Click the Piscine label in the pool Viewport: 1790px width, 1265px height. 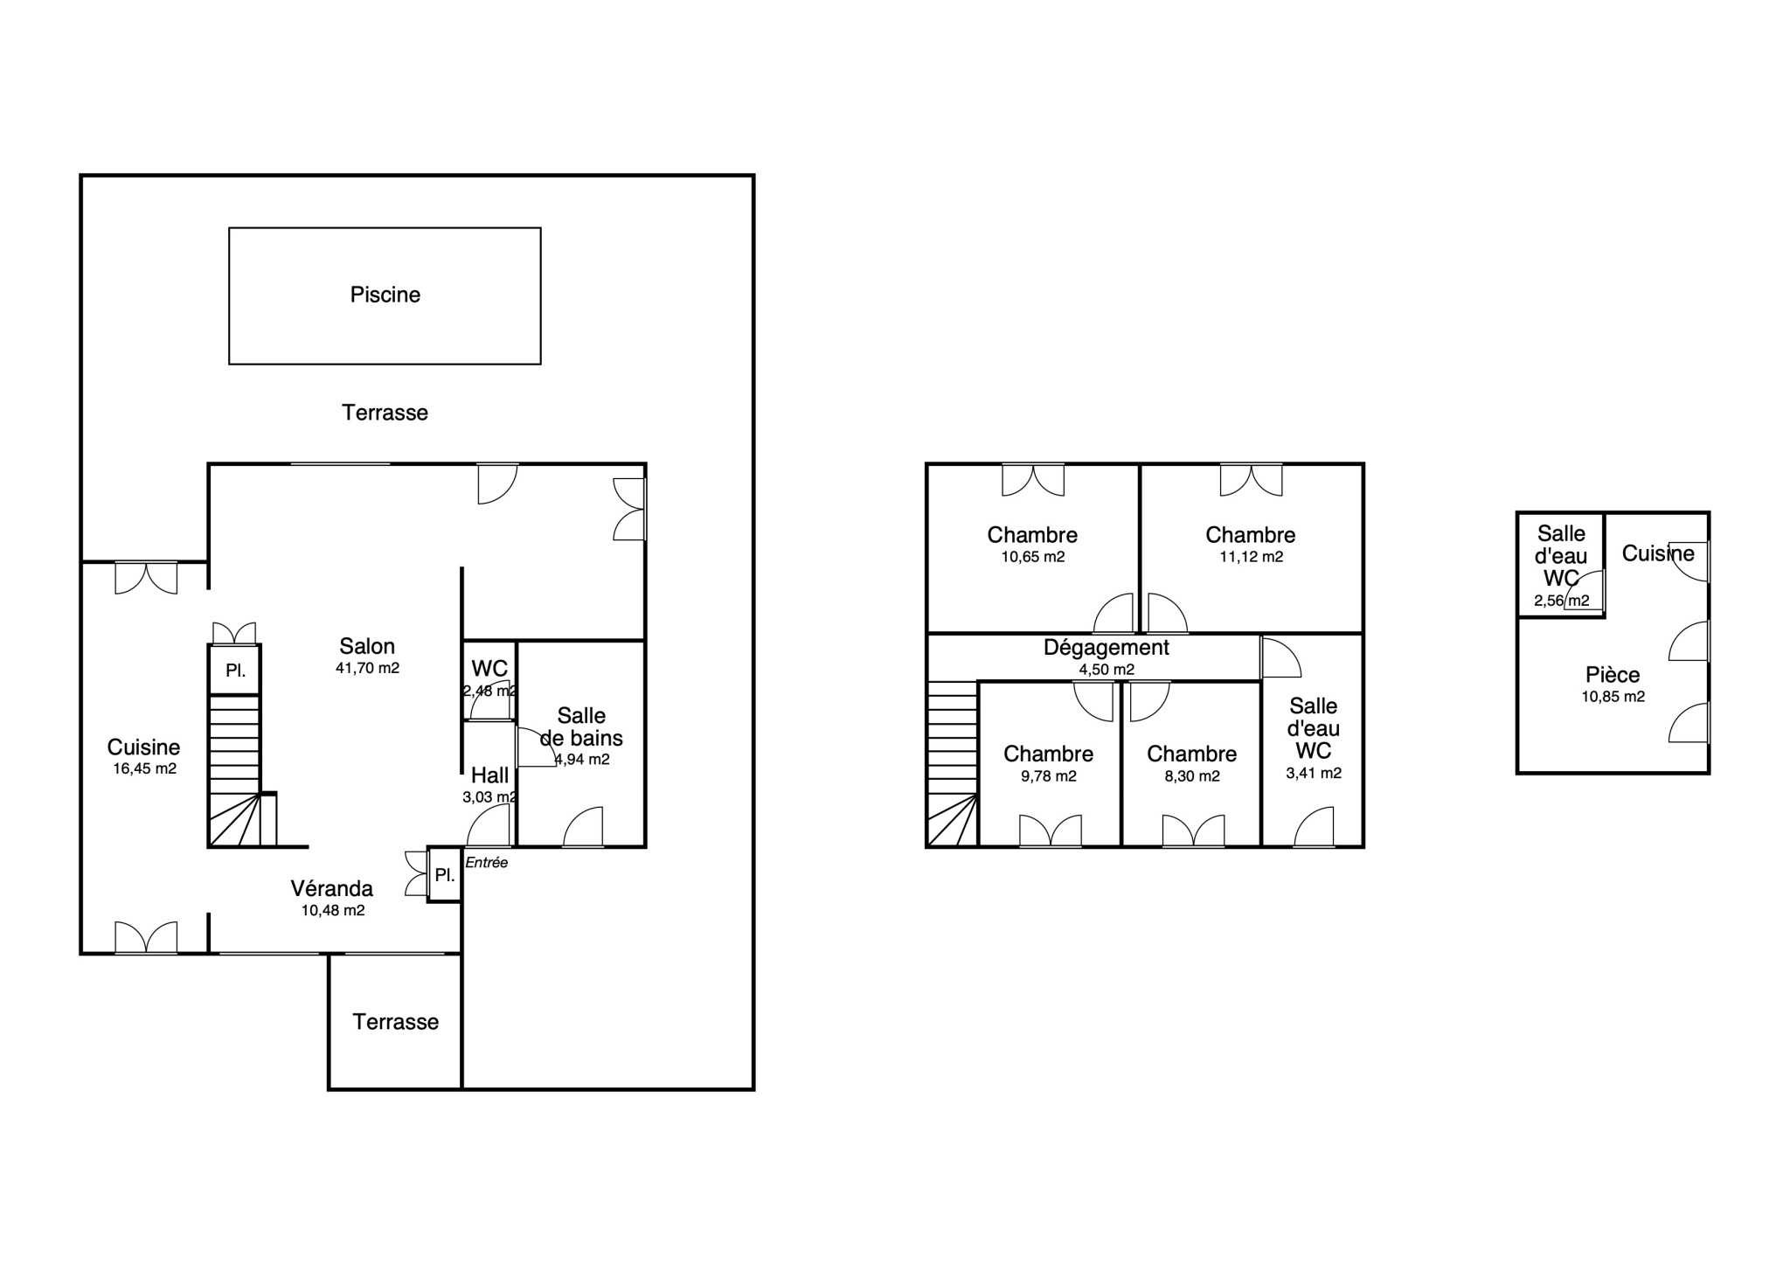point(385,295)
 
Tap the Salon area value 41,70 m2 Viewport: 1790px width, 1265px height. point(367,668)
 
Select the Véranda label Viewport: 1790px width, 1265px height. point(332,888)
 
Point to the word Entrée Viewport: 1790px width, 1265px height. point(487,863)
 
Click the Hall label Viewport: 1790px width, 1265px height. point(489,775)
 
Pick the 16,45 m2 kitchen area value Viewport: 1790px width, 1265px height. point(144,769)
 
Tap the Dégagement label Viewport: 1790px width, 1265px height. point(1107,648)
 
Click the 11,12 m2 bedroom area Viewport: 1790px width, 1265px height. point(1251,557)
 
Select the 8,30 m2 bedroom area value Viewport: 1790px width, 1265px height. point(1192,776)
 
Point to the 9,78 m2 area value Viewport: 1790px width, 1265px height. point(1049,776)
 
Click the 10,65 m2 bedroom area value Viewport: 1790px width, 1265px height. point(1033,557)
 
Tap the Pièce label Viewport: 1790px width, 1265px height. point(1613,675)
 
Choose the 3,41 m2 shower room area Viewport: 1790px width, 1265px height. point(1314,773)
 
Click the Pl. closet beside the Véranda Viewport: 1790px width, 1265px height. point(445,875)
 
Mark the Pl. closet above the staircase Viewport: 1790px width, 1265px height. point(235,671)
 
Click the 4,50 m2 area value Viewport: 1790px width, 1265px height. point(1107,670)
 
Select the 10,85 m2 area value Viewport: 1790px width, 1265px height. point(1613,697)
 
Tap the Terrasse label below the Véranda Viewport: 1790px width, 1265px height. point(396,1022)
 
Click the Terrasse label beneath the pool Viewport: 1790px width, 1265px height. point(385,413)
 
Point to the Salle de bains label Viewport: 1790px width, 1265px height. point(581,727)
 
